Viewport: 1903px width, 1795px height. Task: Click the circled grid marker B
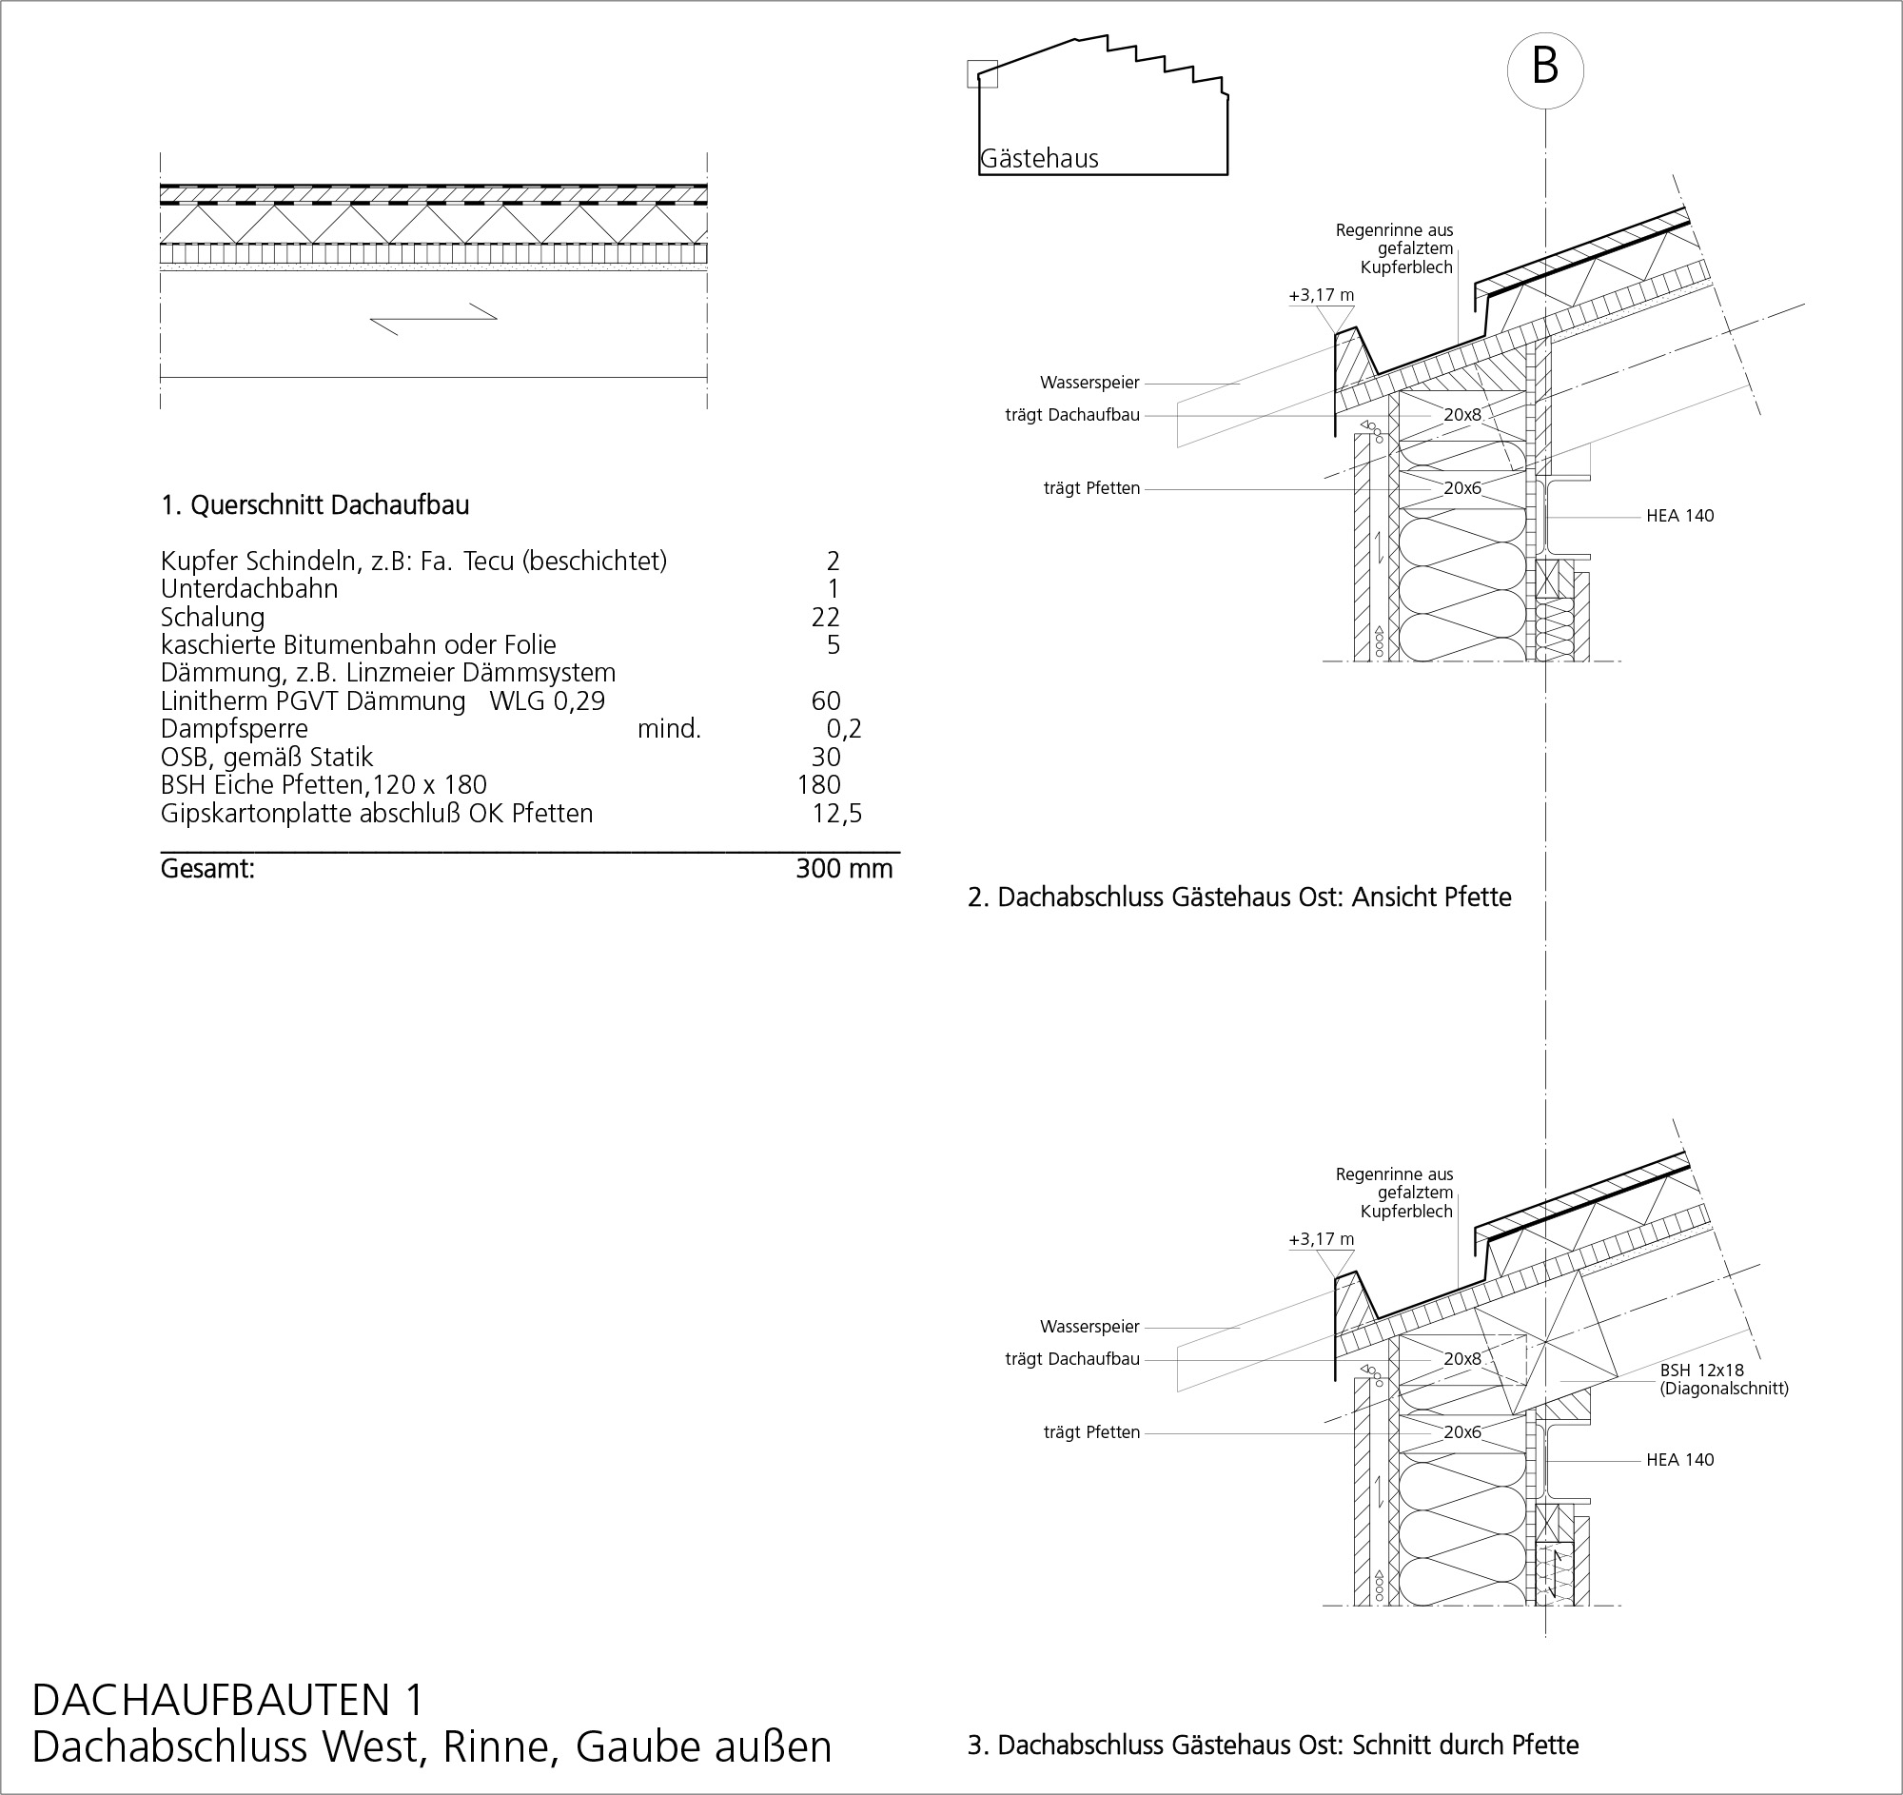pyautogui.click(x=1545, y=69)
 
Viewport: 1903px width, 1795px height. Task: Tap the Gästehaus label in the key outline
pyautogui.click(x=1039, y=159)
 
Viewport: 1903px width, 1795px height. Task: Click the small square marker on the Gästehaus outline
pyautogui.click(x=982, y=73)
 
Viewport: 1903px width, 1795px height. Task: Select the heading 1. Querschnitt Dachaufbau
pyautogui.click(x=315, y=505)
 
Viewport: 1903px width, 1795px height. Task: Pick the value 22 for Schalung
pyautogui.click(x=825, y=618)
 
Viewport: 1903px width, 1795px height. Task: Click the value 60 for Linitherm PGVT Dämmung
pyautogui.click(x=825, y=700)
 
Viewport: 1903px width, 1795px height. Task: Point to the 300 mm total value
pyautogui.click(x=843, y=868)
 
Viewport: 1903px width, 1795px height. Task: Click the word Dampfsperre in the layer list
pyautogui.click(x=234, y=729)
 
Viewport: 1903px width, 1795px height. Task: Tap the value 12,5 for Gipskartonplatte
pyautogui.click(x=835, y=814)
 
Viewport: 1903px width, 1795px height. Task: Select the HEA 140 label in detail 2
pyautogui.click(x=1680, y=516)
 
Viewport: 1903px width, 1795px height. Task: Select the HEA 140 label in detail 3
pyautogui.click(x=1680, y=1460)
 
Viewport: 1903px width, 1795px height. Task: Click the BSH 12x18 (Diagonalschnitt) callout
pyautogui.click(x=1723, y=1379)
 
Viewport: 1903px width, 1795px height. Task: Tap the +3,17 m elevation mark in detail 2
pyautogui.click(x=1321, y=296)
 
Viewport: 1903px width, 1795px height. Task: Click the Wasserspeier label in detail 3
pyautogui.click(x=1089, y=1327)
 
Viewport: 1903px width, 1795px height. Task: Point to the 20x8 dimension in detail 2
pyautogui.click(x=1462, y=416)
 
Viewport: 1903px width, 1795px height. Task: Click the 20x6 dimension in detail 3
pyautogui.click(x=1462, y=1432)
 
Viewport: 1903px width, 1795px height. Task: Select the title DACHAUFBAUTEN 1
pyautogui.click(x=227, y=1699)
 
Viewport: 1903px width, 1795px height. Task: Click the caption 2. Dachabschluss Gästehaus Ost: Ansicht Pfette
pyautogui.click(x=1240, y=898)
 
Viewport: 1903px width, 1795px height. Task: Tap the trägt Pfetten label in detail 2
pyautogui.click(x=1091, y=488)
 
